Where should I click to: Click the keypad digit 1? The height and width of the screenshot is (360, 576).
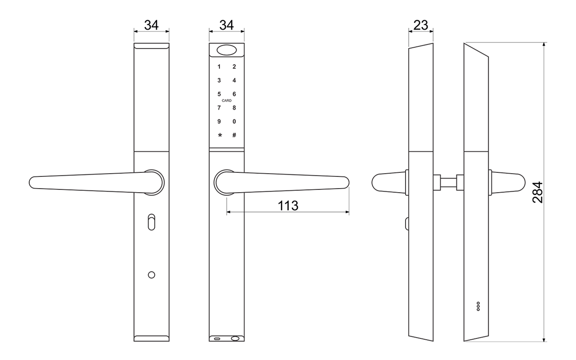coord(219,67)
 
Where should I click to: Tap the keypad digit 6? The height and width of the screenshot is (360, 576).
coord(234,94)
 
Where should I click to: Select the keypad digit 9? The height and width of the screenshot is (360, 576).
coord(219,121)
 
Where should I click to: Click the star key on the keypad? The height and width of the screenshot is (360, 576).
coord(220,135)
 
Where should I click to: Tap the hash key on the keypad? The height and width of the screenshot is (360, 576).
coord(234,135)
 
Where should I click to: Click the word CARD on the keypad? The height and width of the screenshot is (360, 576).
coord(227,101)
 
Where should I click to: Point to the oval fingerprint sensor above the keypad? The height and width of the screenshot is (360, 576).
coord(227,50)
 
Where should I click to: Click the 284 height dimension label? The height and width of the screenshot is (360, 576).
coord(537,192)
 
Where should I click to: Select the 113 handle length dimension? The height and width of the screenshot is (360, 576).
coord(288,206)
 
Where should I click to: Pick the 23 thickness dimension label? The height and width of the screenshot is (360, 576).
coord(421,25)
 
